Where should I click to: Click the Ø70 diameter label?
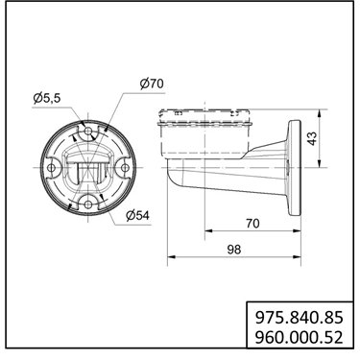152,84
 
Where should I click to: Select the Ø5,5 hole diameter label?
47,98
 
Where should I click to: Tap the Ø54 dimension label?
137,215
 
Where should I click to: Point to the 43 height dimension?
312,138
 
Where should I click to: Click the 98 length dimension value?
234,250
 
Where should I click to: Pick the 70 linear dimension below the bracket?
252,224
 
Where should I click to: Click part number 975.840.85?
299,318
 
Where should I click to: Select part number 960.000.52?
299,337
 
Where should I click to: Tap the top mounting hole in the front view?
88,131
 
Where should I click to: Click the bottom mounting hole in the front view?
88,204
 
